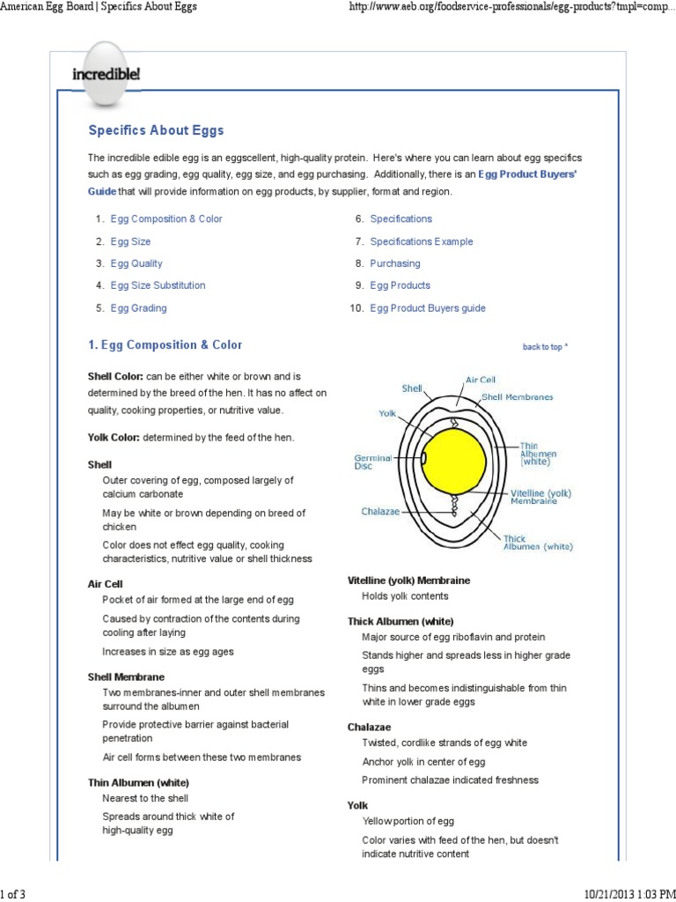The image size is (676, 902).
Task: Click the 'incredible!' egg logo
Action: (x=105, y=73)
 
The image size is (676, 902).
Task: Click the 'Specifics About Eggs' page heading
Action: (x=156, y=130)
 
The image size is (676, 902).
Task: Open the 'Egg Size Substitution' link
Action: (x=158, y=285)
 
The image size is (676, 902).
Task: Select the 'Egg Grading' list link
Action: (x=138, y=308)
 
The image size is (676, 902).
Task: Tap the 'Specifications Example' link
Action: (x=421, y=241)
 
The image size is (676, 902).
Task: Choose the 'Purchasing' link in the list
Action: (x=394, y=263)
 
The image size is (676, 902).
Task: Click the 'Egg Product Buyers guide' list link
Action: (x=427, y=308)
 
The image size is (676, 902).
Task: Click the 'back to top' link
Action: (x=545, y=347)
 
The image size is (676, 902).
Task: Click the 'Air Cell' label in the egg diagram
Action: (x=480, y=380)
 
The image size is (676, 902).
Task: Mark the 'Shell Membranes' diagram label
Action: (x=518, y=397)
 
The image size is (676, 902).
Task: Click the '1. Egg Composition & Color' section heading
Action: (x=165, y=345)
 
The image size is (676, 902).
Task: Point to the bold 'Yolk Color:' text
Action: (x=114, y=438)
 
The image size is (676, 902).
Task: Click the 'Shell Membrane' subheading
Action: (x=126, y=676)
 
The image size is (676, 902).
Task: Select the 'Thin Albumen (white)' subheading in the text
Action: (x=138, y=782)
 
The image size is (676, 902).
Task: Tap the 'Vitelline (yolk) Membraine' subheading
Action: (x=408, y=580)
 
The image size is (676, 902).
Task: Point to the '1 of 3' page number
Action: (x=13, y=894)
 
